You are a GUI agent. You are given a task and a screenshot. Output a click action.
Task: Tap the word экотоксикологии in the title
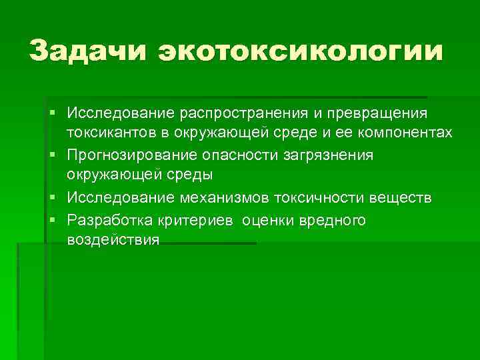click(x=300, y=51)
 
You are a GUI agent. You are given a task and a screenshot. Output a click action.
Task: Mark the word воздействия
click(x=113, y=240)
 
